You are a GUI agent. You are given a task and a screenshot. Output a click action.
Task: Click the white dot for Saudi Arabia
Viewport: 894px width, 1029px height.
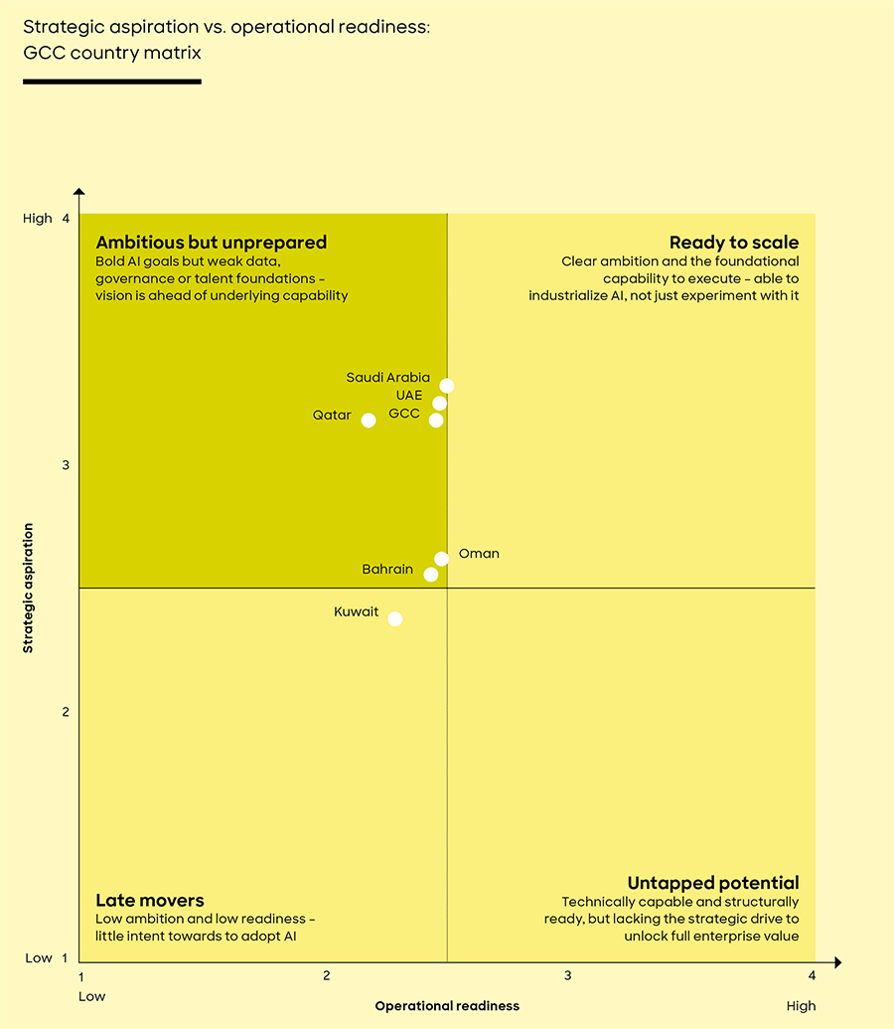[447, 386]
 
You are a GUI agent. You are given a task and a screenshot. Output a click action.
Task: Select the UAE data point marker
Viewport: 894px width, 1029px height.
[440, 404]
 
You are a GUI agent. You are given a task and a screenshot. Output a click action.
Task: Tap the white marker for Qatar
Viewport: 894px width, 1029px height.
[369, 421]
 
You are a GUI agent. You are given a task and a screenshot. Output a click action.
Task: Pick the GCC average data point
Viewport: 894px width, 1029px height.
[436, 421]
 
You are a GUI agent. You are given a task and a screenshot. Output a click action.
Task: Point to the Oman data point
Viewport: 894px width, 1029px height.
[442, 559]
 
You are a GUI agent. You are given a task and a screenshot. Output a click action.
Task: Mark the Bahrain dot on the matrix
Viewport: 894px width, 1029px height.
[431, 575]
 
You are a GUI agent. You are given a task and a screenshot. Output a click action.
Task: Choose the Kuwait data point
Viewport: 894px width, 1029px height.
[395, 619]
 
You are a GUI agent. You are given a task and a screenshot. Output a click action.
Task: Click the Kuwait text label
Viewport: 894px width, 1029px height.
[356, 612]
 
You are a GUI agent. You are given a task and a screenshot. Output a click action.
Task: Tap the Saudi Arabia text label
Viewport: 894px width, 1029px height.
[387, 378]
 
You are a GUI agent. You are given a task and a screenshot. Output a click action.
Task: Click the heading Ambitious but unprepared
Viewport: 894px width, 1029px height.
[211, 243]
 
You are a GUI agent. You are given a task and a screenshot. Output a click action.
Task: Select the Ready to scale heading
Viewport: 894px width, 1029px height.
[733, 243]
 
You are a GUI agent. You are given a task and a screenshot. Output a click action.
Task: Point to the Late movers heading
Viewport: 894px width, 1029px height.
[149, 901]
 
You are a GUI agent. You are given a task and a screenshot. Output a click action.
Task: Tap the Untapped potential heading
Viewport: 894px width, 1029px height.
[712, 883]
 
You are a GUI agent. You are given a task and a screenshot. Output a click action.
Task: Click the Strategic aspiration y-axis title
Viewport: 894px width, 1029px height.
[28, 588]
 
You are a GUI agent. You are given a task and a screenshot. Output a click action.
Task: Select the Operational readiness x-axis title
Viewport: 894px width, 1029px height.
[447, 1006]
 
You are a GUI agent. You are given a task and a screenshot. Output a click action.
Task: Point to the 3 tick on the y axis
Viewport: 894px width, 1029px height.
[66, 465]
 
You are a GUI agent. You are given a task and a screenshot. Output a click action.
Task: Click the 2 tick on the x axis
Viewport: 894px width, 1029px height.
[326, 976]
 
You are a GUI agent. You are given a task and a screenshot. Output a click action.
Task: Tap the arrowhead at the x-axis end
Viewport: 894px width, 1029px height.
[837, 962]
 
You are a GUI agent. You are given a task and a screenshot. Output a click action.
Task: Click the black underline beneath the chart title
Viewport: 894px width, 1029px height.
[112, 81]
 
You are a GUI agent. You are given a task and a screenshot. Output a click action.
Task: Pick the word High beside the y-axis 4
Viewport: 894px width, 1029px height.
[38, 219]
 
